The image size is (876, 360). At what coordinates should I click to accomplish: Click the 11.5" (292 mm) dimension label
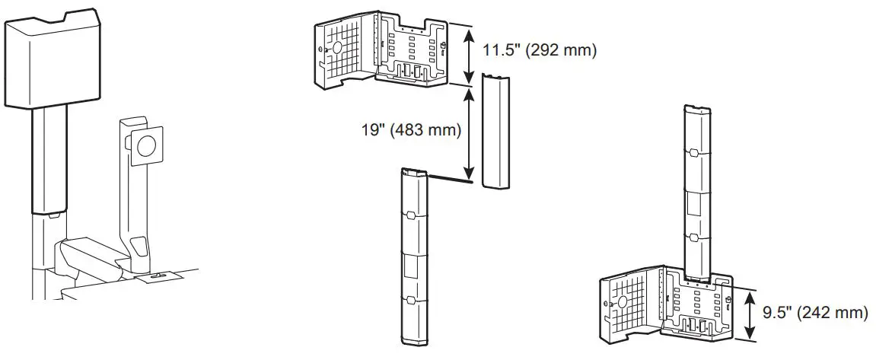pyautogui.click(x=539, y=51)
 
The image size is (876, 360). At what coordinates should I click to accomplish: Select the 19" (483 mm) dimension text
pyautogui.click(x=411, y=130)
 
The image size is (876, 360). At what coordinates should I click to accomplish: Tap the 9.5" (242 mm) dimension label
pyautogui.click(x=814, y=312)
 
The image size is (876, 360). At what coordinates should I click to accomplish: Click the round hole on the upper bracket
pyautogui.click(x=333, y=47)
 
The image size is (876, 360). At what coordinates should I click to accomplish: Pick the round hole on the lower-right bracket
pyautogui.click(x=623, y=301)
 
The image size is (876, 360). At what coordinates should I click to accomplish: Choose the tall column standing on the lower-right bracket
pyautogui.click(x=698, y=190)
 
